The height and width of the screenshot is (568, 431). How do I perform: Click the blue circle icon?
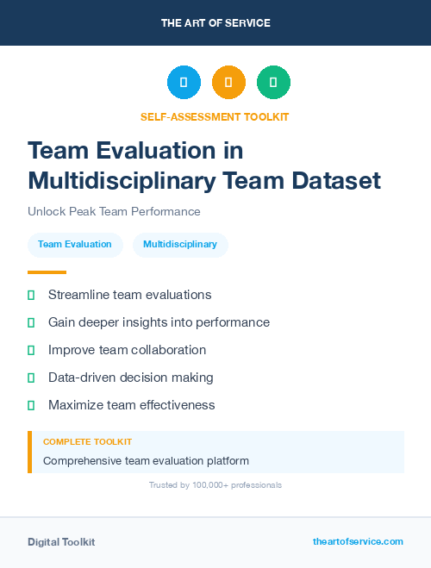tap(184, 83)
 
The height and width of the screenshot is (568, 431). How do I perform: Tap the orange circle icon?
tap(228, 83)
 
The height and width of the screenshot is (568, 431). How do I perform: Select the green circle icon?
tap(273, 83)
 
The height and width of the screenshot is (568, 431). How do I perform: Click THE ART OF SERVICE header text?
tap(215, 23)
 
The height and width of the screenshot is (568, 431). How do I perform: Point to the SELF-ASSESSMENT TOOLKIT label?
tap(215, 116)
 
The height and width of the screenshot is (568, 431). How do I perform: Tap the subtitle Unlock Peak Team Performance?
tap(114, 211)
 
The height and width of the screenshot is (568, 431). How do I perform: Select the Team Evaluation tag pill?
tap(75, 245)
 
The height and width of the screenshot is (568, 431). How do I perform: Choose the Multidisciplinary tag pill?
tap(180, 245)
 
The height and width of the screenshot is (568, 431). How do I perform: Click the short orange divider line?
tap(47, 272)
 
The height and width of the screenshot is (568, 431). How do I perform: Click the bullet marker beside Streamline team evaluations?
tap(31, 295)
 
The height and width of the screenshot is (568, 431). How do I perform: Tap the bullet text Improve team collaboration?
tap(127, 350)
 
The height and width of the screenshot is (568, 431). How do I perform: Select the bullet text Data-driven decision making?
tap(130, 378)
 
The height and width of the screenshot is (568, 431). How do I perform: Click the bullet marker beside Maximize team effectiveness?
tap(31, 405)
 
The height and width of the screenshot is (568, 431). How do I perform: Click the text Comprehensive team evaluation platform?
tap(146, 460)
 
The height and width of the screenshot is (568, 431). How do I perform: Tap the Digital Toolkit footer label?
tap(61, 542)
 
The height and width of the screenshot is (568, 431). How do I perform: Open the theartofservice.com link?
tap(358, 541)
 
